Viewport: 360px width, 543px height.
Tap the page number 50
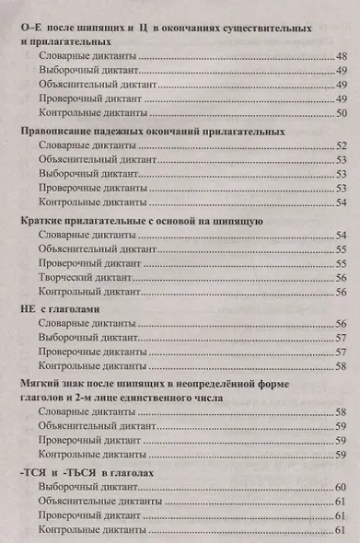[x=340, y=113]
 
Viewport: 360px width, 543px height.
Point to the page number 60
[x=340, y=486]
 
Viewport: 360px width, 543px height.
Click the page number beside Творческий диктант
[x=340, y=277]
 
